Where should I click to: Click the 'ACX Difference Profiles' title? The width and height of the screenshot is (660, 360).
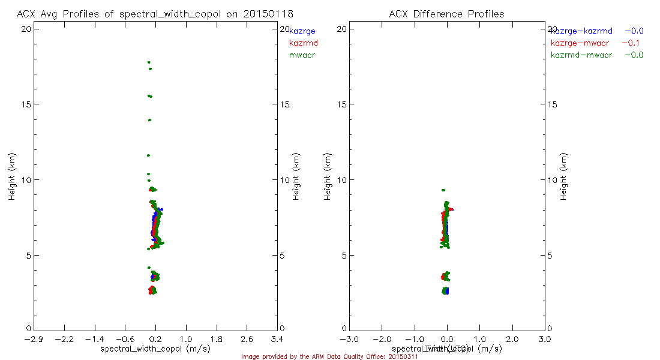coord(446,14)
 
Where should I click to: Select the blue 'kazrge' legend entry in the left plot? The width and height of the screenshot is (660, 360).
coord(302,31)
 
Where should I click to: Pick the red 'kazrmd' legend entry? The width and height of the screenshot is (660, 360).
coord(304,43)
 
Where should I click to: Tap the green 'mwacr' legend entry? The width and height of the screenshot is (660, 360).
coord(302,55)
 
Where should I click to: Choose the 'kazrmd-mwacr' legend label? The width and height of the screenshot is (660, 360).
coord(581,55)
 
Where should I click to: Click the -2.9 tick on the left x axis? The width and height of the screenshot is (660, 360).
coord(34,340)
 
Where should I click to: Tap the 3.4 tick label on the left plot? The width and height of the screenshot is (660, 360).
coord(277,340)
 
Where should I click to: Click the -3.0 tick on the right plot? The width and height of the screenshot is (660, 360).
coord(349,340)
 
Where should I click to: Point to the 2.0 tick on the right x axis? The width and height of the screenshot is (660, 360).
coord(512,340)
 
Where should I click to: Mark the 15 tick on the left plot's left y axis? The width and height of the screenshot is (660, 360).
coord(26,104)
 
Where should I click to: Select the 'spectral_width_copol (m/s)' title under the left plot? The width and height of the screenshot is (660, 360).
coord(155,349)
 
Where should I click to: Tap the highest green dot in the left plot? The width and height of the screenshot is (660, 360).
coord(148,62)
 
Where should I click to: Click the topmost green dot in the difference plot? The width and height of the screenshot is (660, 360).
coord(443,190)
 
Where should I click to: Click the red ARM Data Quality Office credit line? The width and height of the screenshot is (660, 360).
coord(329,356)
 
